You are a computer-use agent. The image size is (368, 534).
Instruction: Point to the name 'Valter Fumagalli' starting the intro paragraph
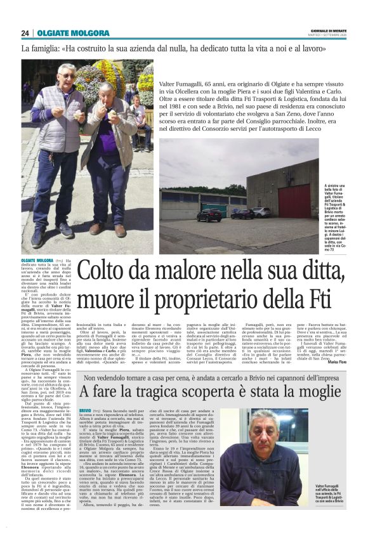tap(187, 84)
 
